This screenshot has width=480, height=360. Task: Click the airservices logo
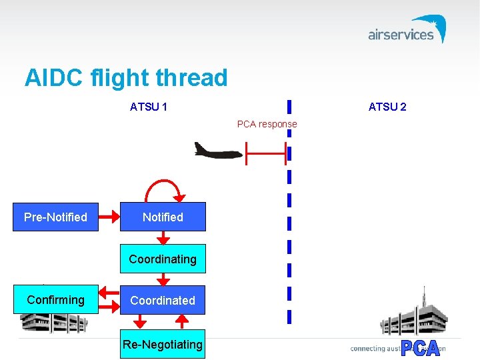pos(407,31)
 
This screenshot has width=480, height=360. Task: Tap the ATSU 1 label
pos(149,107)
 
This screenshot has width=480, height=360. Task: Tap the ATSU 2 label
pos(387,107)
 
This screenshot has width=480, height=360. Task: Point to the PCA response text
pos(267,124)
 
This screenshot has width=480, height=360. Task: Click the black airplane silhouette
pos(217,151)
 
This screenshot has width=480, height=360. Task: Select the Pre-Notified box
pos(56,217)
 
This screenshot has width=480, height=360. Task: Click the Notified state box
pos(163,217)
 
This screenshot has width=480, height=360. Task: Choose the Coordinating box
pos(163,259)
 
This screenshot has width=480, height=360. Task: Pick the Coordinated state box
pos(163,301)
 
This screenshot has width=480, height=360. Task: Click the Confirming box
pos(56,300)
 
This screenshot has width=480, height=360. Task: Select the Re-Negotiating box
pos(163,344)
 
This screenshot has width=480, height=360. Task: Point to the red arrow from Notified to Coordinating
pos(163,238)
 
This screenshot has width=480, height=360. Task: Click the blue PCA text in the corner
pos(421,349)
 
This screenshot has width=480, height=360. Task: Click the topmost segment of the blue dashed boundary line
pos(289,107)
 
